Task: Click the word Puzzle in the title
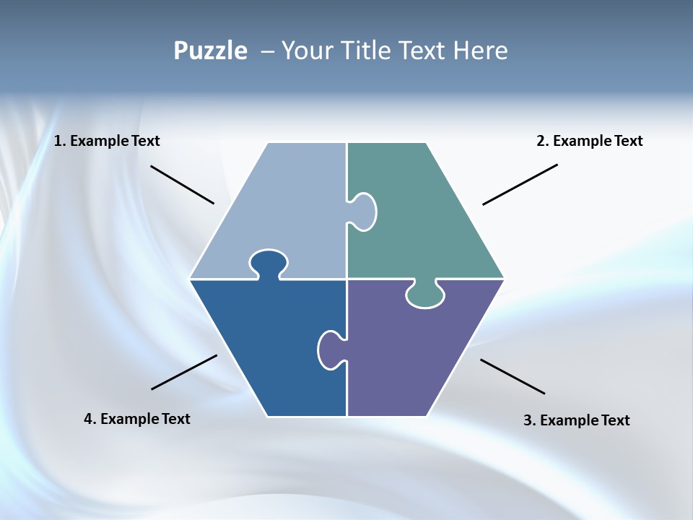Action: tap(210, 51)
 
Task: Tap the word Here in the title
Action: tap(480, 51)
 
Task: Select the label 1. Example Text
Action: tap(107, 141)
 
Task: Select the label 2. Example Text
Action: tap(589, 141)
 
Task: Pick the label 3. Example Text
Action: tap(576, 420)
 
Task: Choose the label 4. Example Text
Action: tap(137, 419)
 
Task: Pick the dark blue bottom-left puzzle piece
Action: tap(267, 347)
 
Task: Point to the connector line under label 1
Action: tap(182, 185)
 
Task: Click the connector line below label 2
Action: tap(520, 184)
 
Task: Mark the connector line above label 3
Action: tap(513, 376)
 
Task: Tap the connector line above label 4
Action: tap(184, 372)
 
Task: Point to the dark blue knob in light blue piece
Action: tap(269, 264)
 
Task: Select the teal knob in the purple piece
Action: tap(425, 294)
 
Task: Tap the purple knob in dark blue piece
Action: tap(331, 350)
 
